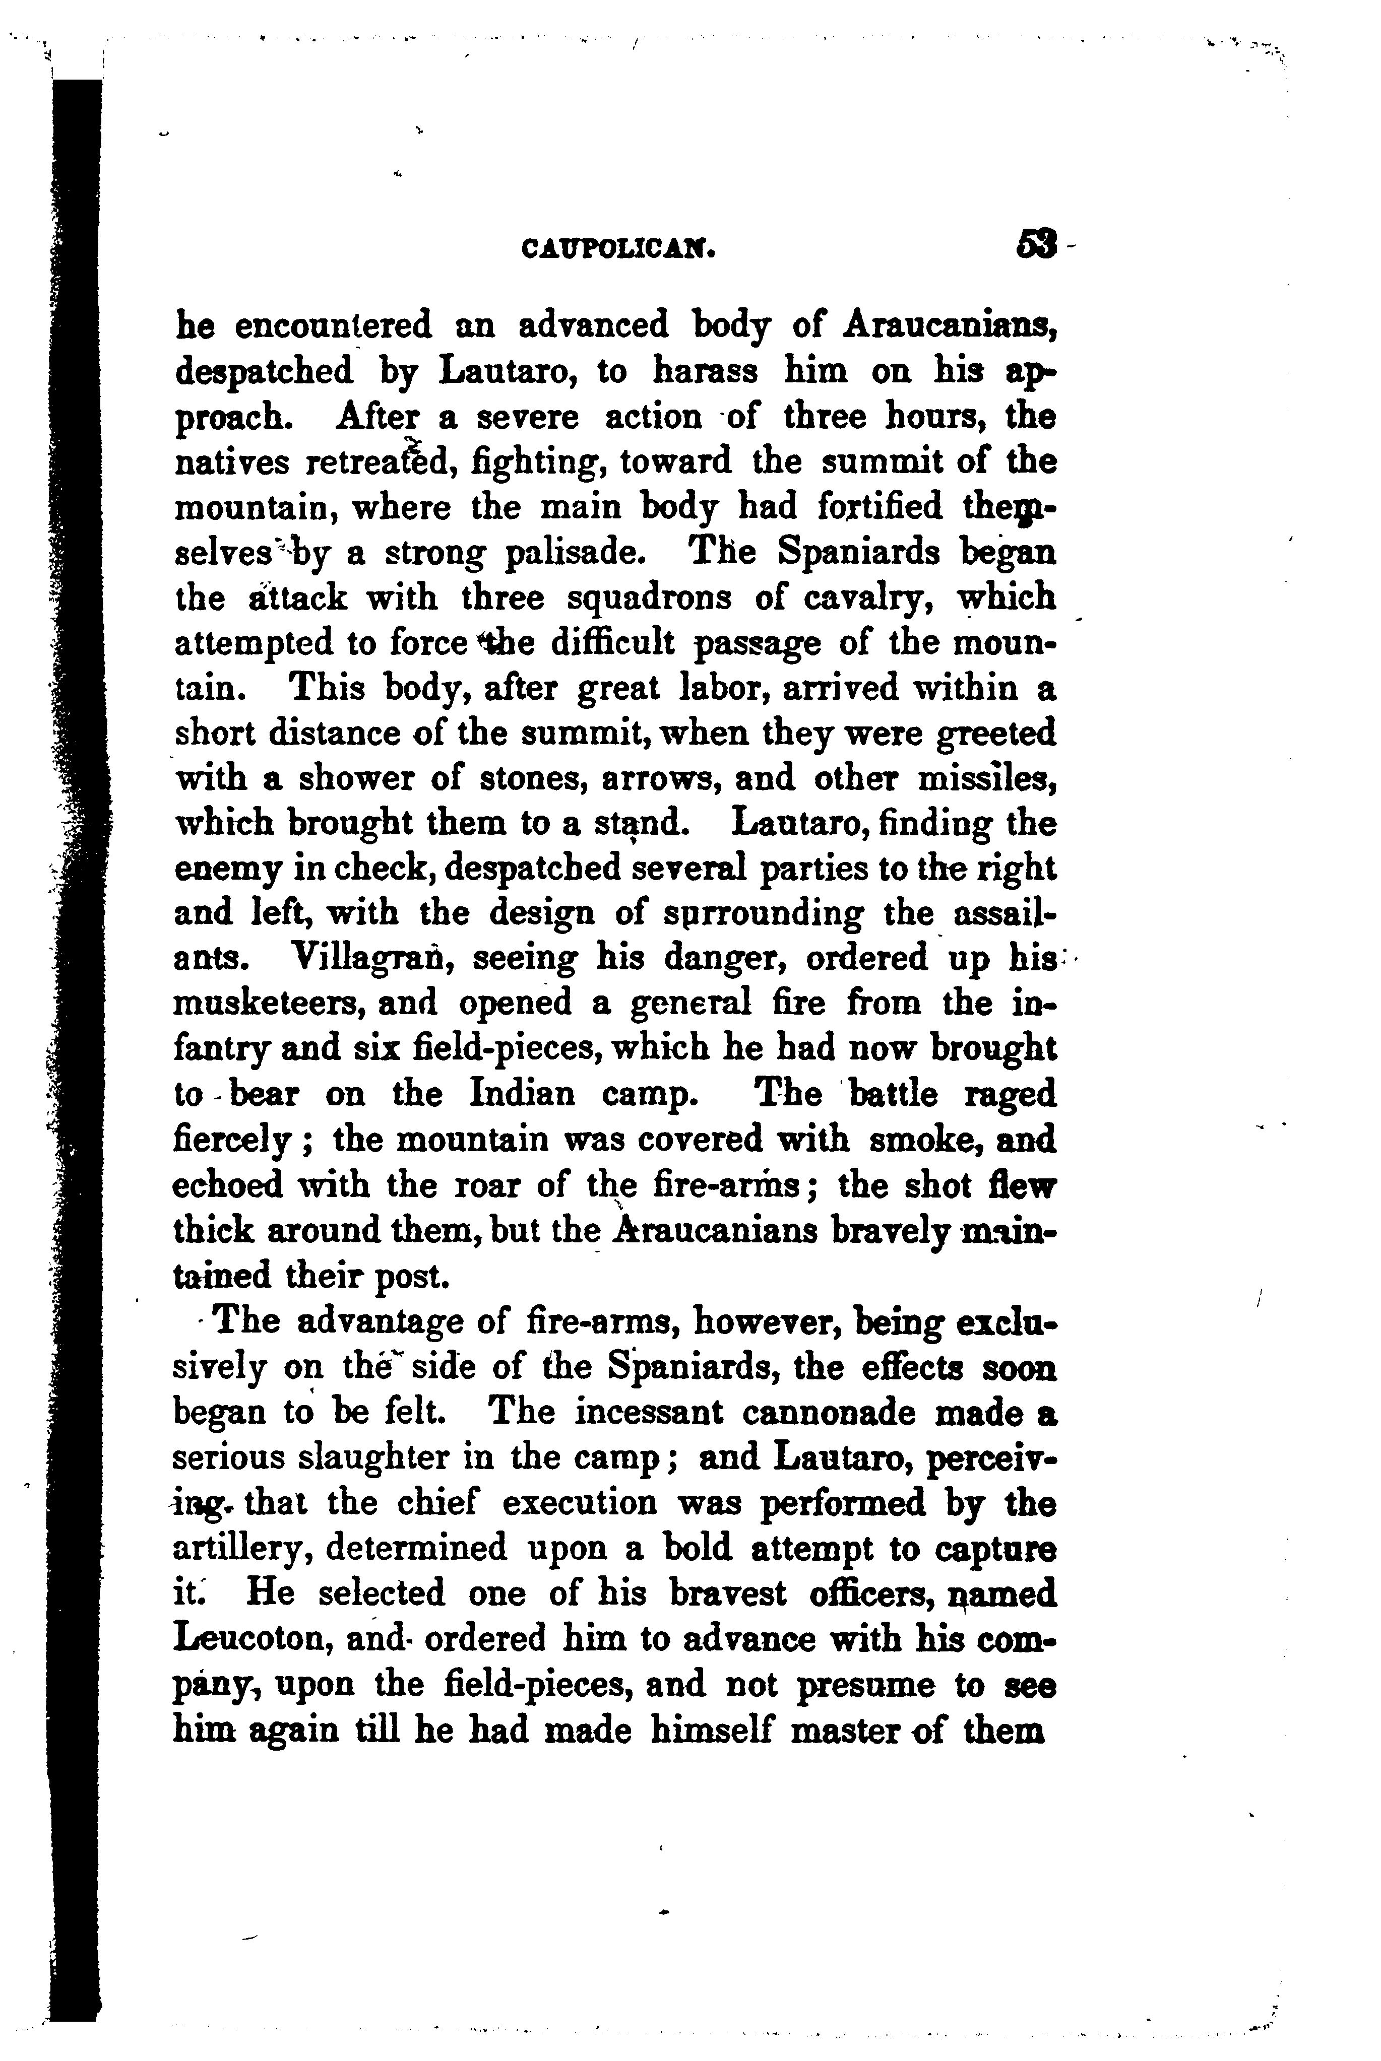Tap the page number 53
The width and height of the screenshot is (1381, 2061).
point(1036,244)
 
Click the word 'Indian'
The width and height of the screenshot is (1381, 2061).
point(522,1094)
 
